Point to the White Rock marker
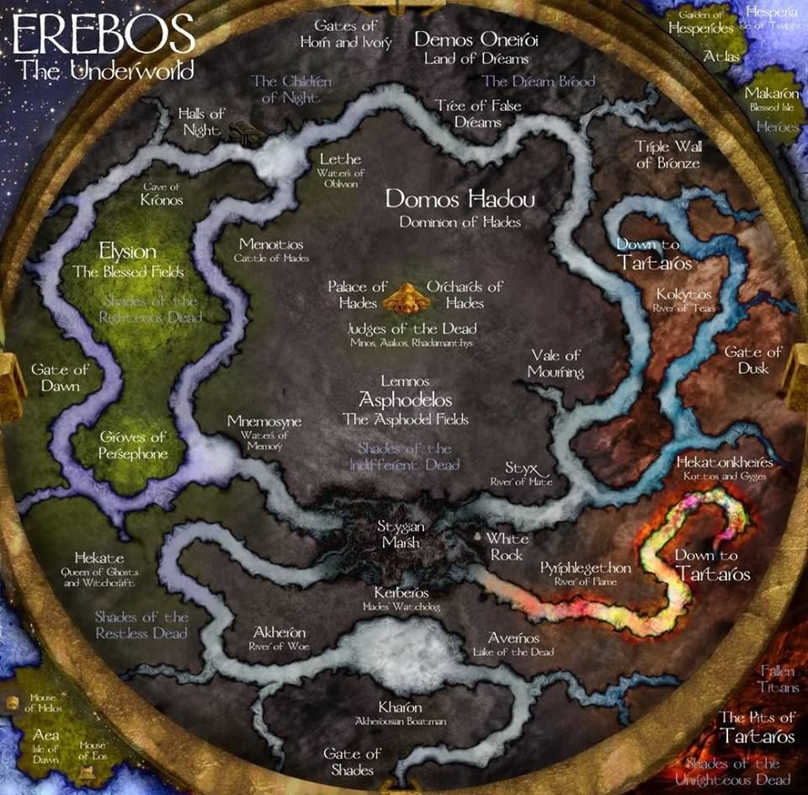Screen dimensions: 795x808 coord(479,536)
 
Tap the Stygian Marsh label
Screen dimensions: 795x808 coord(401,534)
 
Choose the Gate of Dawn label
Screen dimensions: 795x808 coord(59,377)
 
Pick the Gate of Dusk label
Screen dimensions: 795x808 coord(753,360)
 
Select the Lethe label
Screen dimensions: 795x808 coord(340,159)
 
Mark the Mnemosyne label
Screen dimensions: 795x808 coord(264,421)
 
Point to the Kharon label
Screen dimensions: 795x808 coord(401,707)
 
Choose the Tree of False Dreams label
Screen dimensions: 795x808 coord(467,113)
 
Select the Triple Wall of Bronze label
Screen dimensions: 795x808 coord(668,154)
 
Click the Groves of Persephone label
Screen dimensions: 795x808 coord(134,445)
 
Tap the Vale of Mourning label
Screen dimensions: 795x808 coord(555,363)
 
